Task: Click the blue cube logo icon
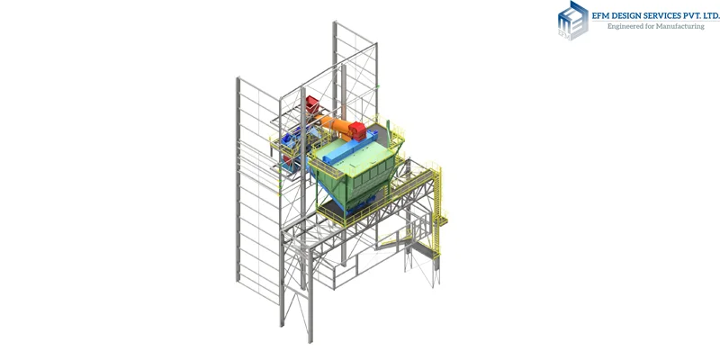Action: [573, 21]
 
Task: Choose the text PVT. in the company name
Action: [692, 16]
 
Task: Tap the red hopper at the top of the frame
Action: [311, 103]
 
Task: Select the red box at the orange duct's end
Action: [357, 130]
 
